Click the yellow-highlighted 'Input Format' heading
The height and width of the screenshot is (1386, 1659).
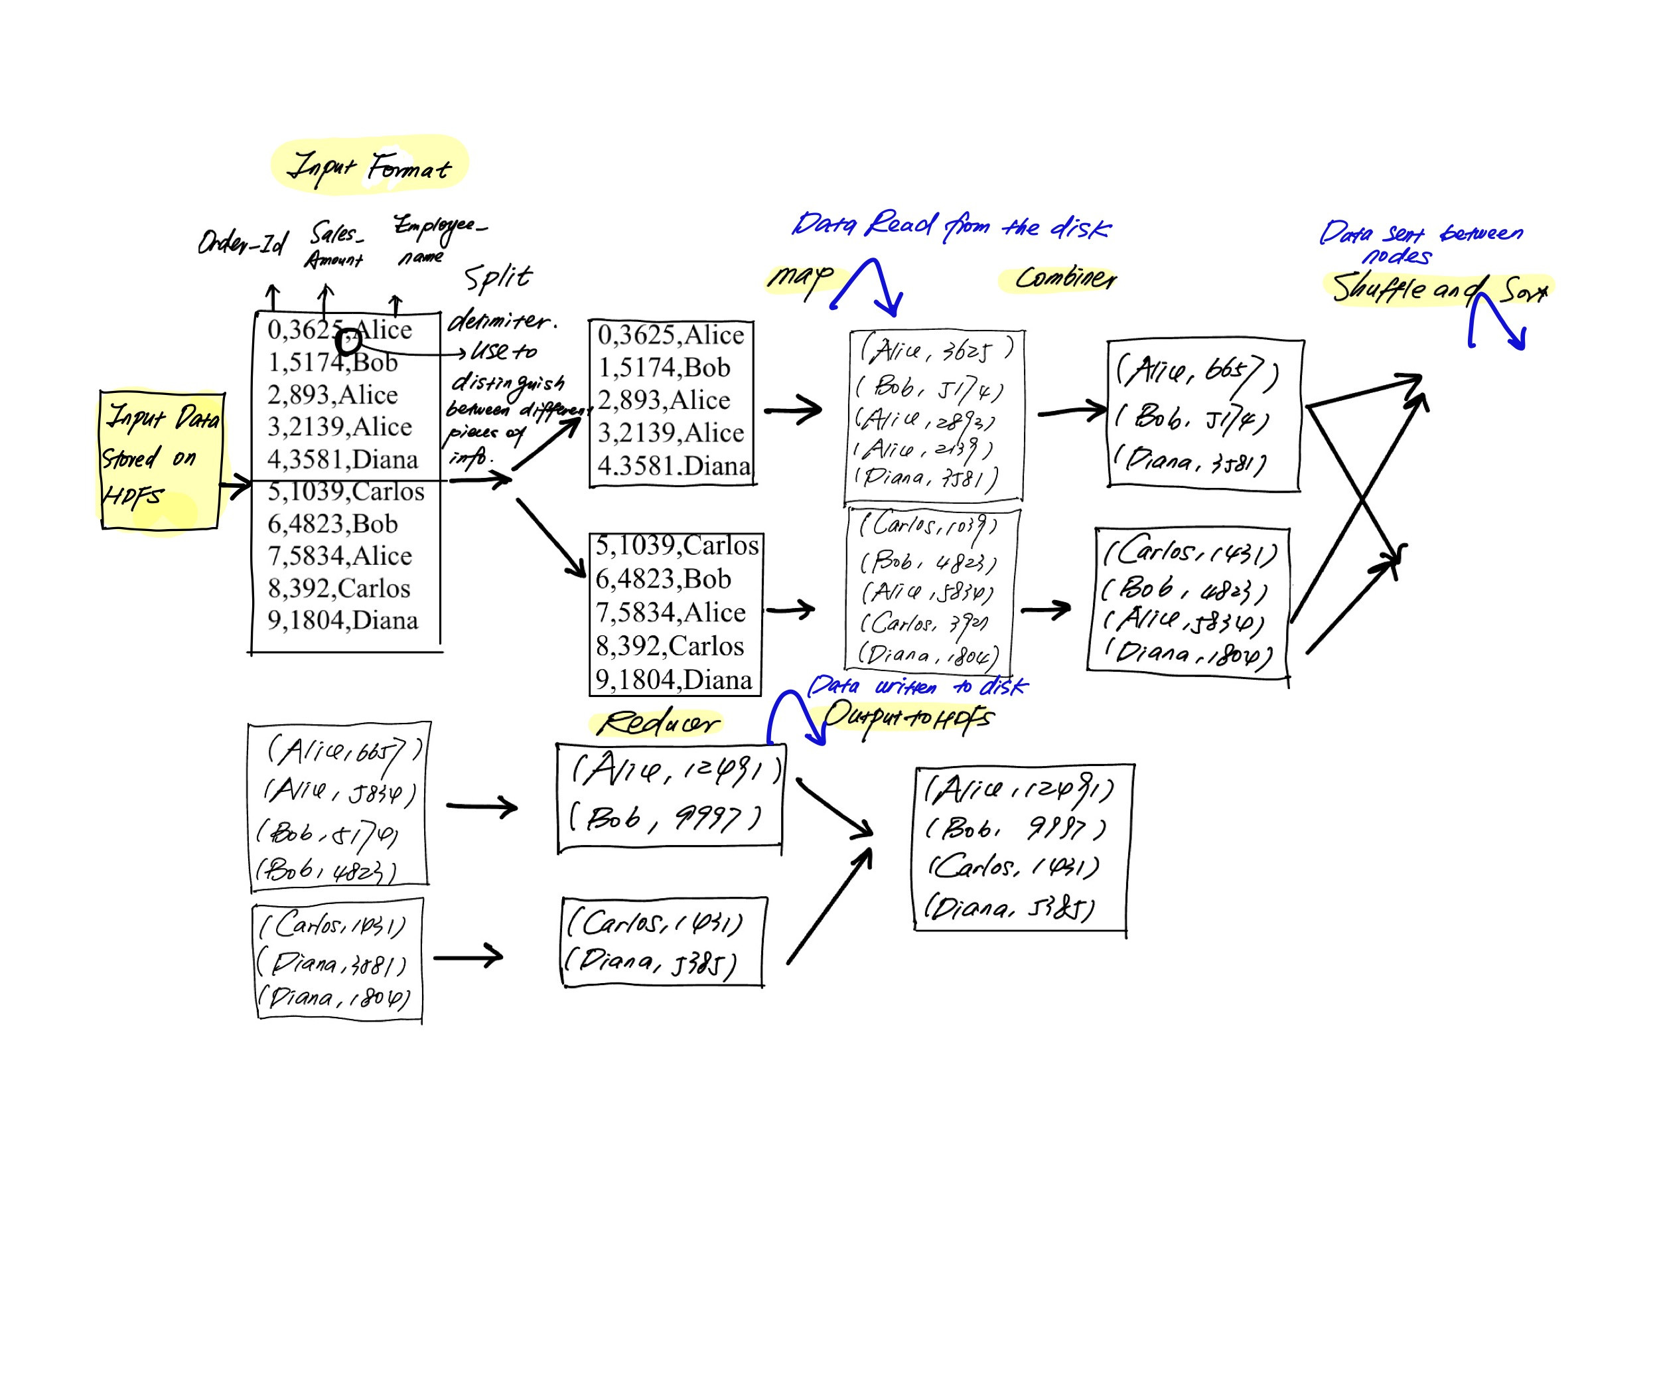pyautogui.click(x=369, y=166)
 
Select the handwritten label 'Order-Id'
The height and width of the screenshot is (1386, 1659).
pyautogui.click(x=242, y=242)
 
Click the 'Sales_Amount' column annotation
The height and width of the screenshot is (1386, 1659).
pyautogui.click(x=335, y=245)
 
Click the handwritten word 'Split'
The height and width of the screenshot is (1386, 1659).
pyautogui.click(x=498, y=278)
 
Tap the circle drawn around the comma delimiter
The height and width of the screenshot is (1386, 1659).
pyautogui.click(x=348, y=342)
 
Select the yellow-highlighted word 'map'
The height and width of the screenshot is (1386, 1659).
pyautogui.click(x=800, y=277)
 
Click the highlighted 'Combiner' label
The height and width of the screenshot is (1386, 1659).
pyautogui.click(x=1065, y=278)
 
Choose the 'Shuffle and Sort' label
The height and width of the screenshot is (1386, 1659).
pyautogui.click(x=1438, y=289)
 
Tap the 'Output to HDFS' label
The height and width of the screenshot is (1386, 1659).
pyautogui.click(x=908, y=717)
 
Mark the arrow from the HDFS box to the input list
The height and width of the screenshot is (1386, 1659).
pyautogui.click(x=236, y=487)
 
